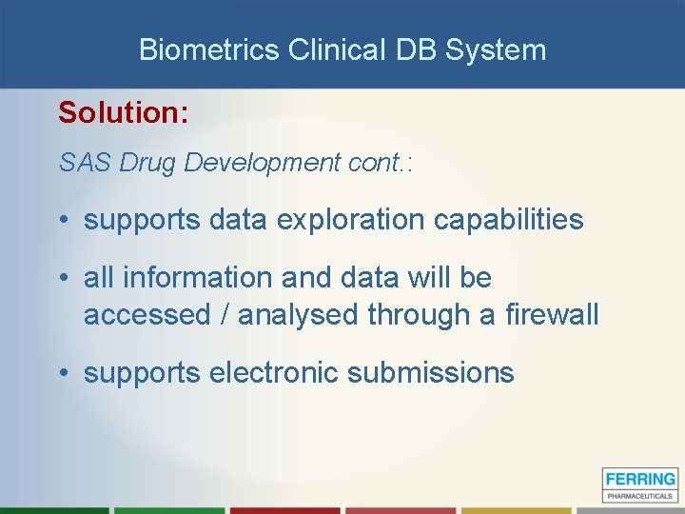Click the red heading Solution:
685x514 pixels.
(123, 112)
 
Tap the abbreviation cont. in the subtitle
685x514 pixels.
(376, 163)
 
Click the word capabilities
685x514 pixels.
(508, 220)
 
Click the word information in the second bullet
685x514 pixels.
(191, 278)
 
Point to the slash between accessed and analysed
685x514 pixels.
(224, 314)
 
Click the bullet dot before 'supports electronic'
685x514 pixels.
(63, 373)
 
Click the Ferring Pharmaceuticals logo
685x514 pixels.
(639, 484)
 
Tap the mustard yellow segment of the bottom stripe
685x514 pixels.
(518, 510)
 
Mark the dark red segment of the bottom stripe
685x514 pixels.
(285, 510)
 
